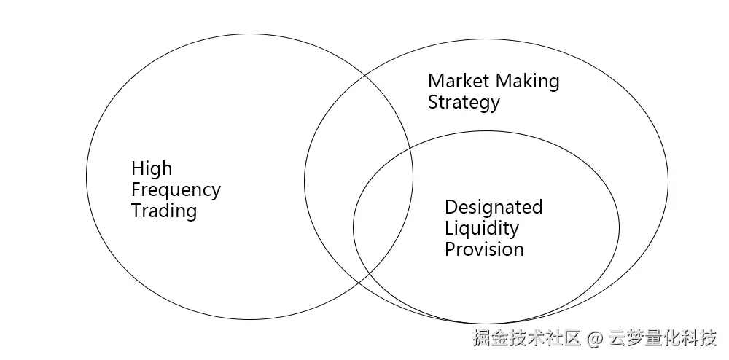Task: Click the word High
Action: point(152,169)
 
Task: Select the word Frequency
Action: point(176,190)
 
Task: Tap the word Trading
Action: point(164,211)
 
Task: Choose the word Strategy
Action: point(464,102)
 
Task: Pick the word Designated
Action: point(494,207)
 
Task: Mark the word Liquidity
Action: point(482,228)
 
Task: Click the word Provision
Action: point(484,249)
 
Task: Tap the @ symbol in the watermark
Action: point(596,339)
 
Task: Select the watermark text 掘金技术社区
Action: point(526,339)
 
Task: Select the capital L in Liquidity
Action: point(448,228)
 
